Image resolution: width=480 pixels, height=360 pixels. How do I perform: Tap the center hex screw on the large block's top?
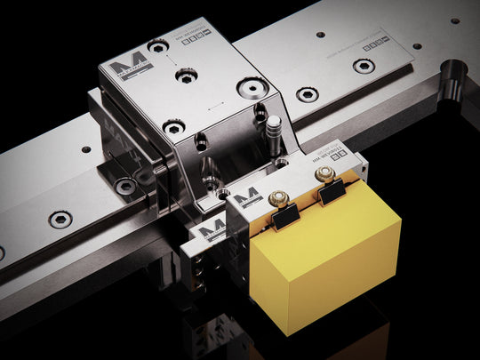[x=186, y=76]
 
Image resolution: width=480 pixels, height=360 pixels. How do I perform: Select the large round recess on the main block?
[x=252, y=88]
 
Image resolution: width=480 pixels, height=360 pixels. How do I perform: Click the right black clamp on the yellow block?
[x=332, y=188]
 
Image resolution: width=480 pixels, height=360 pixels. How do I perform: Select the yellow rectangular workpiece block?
[x=324, y=258]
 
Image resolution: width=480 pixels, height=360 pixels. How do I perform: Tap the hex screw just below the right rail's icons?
[x=362, y=66]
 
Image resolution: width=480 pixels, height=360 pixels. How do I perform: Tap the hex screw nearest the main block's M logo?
[x=158, y=45]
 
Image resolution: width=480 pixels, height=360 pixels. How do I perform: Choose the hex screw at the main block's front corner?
[x=173, y=127]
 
